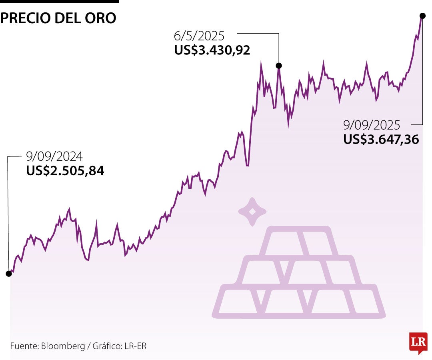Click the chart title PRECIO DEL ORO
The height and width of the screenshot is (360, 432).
[x=58, y=18]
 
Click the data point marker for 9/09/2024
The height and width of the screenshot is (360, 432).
[x=8, y=274]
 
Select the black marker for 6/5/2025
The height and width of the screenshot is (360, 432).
[x=279, y=66]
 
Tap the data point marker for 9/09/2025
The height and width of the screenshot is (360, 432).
[x=422, y=16]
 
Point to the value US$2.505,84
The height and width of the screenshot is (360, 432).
[x=65, y=171]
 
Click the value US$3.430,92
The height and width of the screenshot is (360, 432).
[x=212, y=50]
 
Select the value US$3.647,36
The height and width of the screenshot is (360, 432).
[x=381, y=139]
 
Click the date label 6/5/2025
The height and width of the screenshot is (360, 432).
[x=199, y=36]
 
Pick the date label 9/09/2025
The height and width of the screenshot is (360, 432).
[x=372, y=125]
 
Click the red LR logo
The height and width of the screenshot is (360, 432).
[x=418, y=342]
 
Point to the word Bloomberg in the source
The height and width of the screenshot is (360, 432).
[x=63, y=346]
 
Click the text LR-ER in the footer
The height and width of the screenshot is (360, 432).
[x=135, y=346]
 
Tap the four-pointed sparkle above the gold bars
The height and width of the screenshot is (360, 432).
[x=252, y=212]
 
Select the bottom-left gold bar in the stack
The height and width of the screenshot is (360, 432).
[x=239, y=301]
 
